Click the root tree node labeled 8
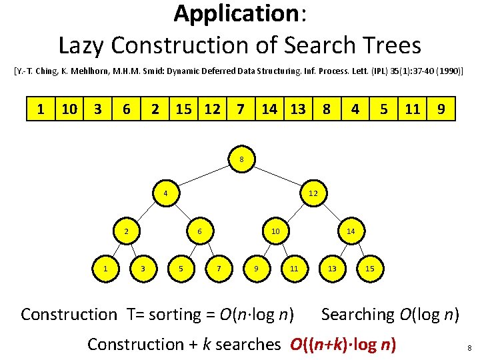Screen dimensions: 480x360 point(241,159)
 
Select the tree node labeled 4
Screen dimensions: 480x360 point(165,194)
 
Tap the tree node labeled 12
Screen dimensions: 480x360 point(313,194)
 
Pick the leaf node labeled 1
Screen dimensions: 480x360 point(105,268)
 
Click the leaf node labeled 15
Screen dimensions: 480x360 point(371,268)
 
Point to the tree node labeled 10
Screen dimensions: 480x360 point(275,231)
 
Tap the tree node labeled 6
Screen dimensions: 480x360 point(200,231)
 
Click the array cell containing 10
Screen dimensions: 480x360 point(68,108)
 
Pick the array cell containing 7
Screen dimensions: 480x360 point(240,108)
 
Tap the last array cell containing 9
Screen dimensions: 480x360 point(441,108)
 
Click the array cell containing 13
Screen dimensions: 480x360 point(297,108)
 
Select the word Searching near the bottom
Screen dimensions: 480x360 point(358,314)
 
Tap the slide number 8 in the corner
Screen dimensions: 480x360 point(469,348)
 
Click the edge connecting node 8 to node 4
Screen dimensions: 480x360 point(203,177)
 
